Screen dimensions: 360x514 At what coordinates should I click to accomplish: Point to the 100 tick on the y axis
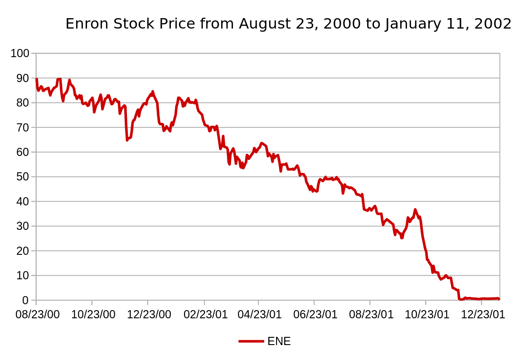click(20, 54)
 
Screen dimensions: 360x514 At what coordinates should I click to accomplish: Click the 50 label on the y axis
click(23, 177)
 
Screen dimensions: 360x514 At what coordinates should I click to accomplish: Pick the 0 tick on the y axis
click(25, 300)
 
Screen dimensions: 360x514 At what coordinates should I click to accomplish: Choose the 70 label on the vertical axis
click(23, 127)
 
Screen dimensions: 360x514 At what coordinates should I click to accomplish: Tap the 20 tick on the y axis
click(23, 251)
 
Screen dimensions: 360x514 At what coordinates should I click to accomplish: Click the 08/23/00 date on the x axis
click(38, 315)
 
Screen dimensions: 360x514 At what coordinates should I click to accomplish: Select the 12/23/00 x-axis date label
click(149, 315)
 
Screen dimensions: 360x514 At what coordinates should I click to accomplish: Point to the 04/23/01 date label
click(260, 315)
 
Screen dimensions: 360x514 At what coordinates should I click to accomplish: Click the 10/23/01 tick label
click(427, 315)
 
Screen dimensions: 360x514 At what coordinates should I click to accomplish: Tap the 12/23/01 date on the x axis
click(483, 315)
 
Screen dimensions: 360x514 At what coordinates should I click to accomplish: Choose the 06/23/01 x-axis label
click(315, 315)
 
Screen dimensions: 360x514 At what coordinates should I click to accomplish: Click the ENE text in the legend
click(279, 341)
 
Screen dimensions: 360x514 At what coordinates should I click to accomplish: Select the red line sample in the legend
click(251, 341)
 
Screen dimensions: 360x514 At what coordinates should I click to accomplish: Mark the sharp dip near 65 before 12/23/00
click(127, 140)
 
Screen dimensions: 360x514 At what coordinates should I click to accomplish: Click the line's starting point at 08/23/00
click(36, 79)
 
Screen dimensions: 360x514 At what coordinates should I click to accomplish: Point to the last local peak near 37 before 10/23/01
click(415, 209)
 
